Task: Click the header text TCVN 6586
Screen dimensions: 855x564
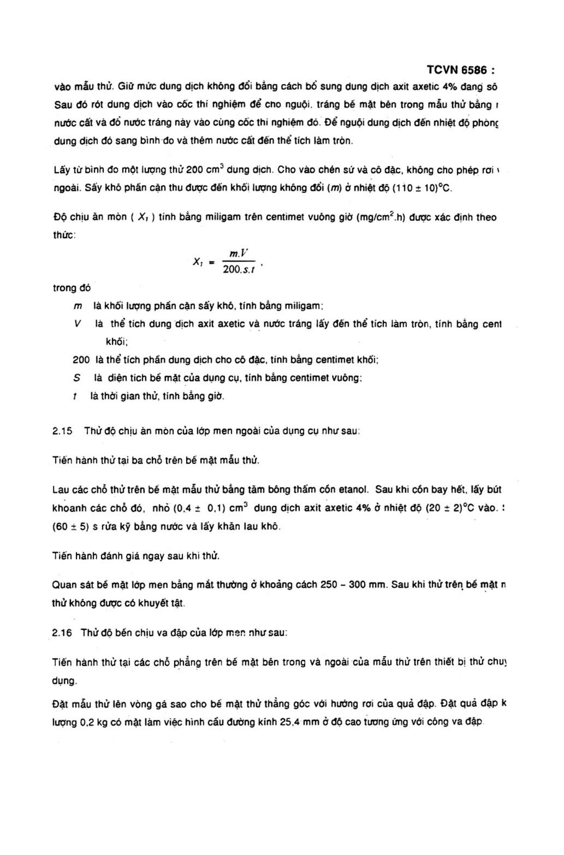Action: coord(457,70)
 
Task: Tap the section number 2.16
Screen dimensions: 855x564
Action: coord(62,633)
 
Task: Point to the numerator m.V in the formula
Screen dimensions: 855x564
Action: coord(239,254)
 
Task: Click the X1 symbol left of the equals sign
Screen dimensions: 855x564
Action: coord(198,261)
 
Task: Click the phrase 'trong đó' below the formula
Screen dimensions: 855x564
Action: coord(72,288)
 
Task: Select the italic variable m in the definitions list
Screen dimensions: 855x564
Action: coord(78,306)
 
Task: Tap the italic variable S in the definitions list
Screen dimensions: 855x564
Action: coord(77,378)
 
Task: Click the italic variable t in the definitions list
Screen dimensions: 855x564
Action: coord(75,396)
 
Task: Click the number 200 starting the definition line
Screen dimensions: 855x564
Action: coord(81,360)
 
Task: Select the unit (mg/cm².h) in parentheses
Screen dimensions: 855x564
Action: coord(381,217)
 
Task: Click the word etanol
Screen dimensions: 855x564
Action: coord(354,490)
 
